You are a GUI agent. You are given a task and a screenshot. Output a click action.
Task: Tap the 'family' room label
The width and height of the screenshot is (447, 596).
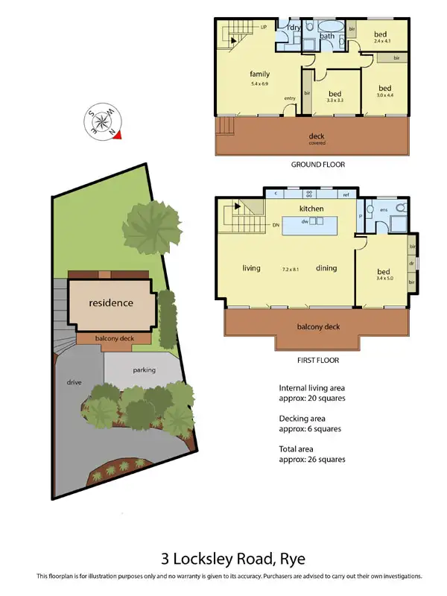[x=259, y=74]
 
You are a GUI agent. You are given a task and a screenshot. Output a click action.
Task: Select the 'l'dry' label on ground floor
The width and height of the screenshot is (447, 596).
[x=293, y=28]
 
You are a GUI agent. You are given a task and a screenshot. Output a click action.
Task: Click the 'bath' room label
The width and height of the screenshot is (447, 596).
[x=327, y=35]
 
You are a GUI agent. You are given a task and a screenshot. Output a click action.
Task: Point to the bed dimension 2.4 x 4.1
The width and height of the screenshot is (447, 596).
[x=381, y=42]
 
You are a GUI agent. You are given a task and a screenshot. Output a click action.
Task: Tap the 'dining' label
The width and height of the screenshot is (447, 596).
[x=327, y=268]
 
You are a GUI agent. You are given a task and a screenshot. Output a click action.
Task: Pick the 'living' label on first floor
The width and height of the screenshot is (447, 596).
[x=250, y=268]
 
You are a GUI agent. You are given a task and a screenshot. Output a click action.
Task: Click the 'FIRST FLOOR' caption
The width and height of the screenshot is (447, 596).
[x=317, y=361]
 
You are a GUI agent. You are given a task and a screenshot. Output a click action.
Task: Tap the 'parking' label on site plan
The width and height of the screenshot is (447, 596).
[x=144, y=370]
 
